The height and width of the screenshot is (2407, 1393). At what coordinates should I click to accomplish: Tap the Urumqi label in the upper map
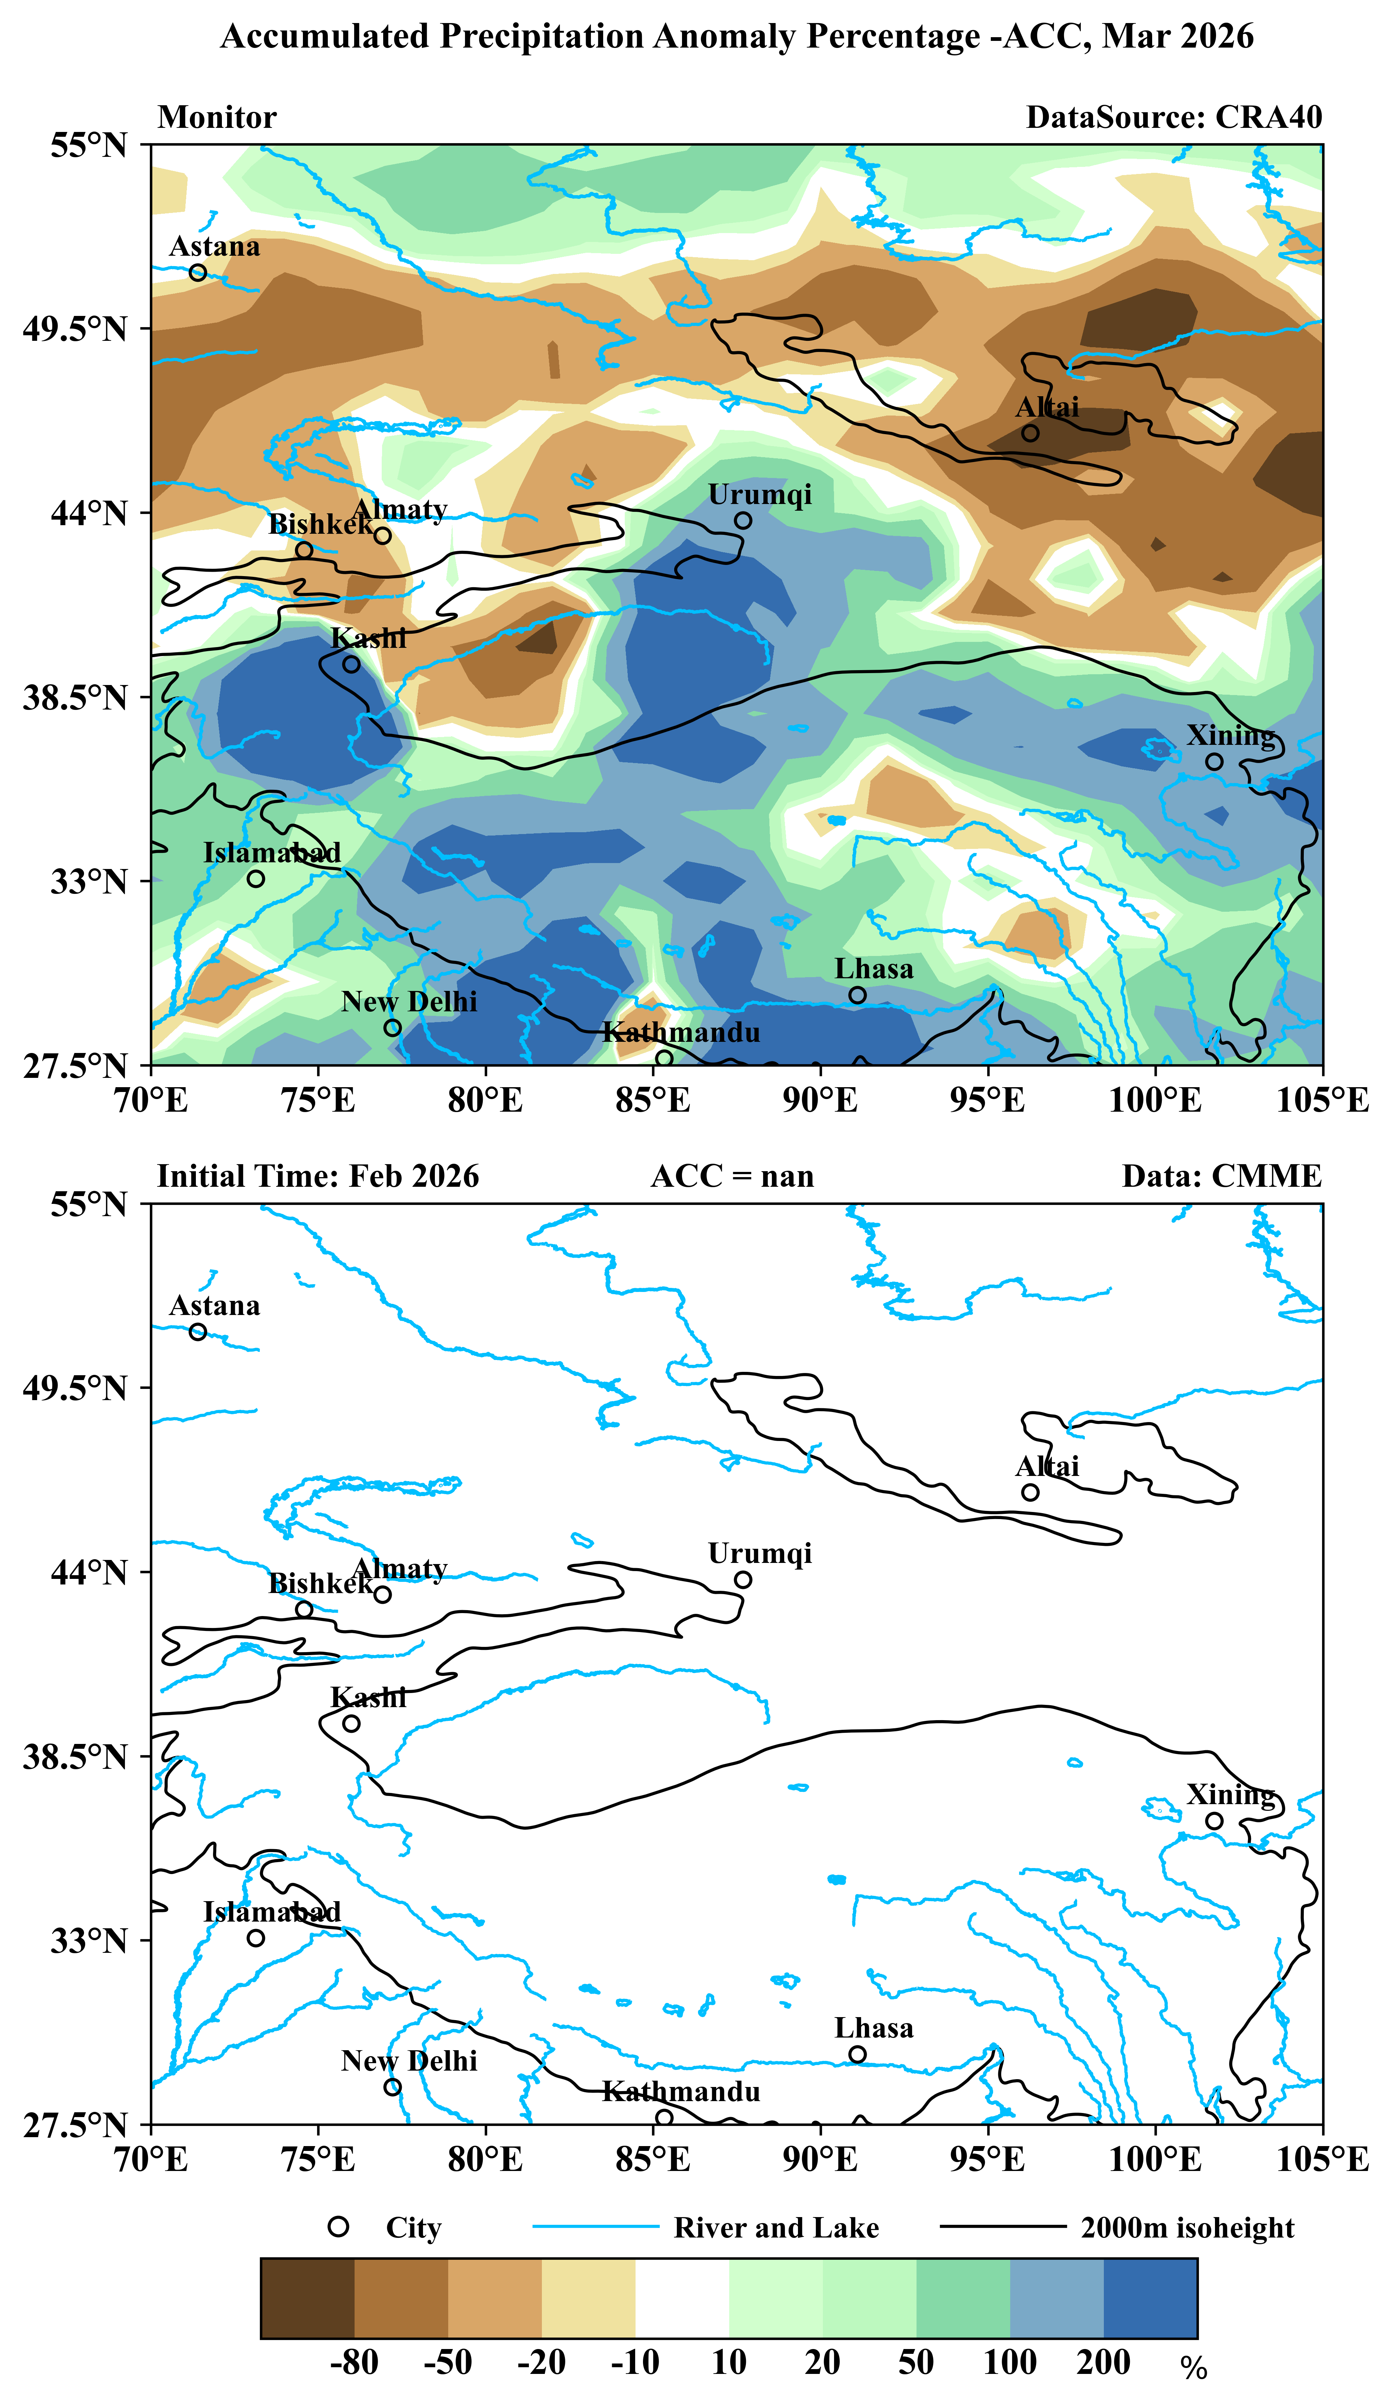760,495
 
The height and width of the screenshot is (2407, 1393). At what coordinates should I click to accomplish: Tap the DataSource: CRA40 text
1173,117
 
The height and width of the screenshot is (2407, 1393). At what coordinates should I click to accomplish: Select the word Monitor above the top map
217,117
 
